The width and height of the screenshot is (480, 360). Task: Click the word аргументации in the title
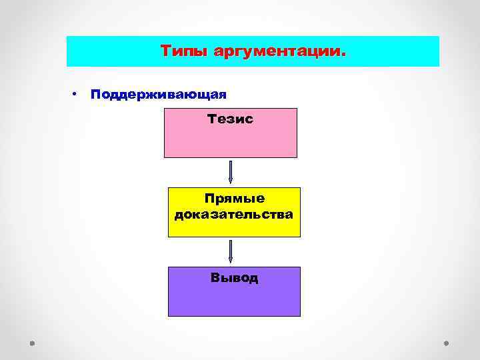[276, 51]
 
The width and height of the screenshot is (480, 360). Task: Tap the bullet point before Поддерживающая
[77, 94]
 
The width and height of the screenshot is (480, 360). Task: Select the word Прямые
[234, 199]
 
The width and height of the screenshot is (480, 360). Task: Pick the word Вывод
[234, 278]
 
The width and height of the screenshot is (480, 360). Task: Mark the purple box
[234, 300]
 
